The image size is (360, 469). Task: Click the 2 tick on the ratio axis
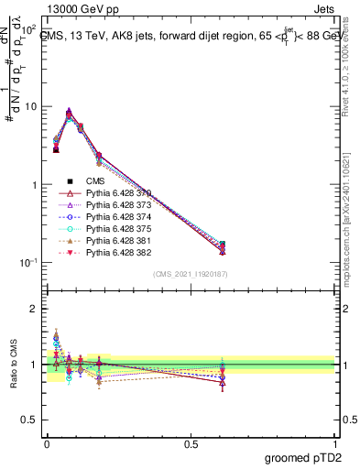click(35, 309)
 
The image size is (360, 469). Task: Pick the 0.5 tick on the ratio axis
click(30, 420)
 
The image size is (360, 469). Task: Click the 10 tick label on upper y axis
click(29, 106)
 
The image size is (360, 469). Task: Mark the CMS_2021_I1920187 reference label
click(190, 272)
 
